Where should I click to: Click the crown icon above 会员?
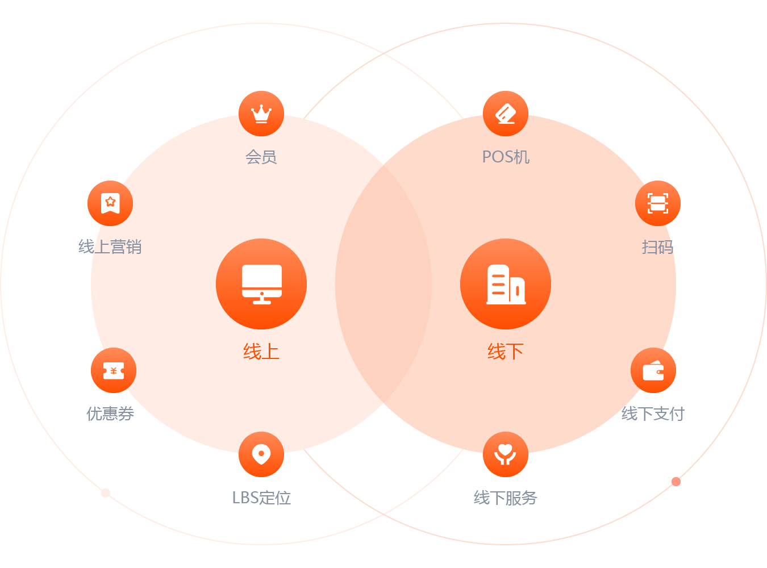(261, 114)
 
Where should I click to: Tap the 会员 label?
(261, 157)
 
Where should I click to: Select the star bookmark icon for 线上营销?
(110, 203)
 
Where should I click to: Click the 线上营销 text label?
(110, 247)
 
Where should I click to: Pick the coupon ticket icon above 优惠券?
(114, 370)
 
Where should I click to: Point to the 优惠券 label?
(110, 414)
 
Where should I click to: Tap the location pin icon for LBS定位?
(261, 454)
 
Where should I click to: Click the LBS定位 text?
(261, 498)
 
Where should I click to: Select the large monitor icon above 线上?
(261, 284)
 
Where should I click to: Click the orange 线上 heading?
(261, 352)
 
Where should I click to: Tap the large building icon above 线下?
(506, 284)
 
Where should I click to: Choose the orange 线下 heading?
(506, 352)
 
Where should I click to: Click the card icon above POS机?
(506, 114)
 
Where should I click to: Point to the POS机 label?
(506, 157)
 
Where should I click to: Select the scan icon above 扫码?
(658, 203)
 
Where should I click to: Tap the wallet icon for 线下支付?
(653, 370)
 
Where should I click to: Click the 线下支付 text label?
(653, 414)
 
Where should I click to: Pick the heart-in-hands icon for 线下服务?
(506, 454)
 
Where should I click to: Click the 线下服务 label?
(506, 498)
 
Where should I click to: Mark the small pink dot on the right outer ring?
(676, 482)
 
